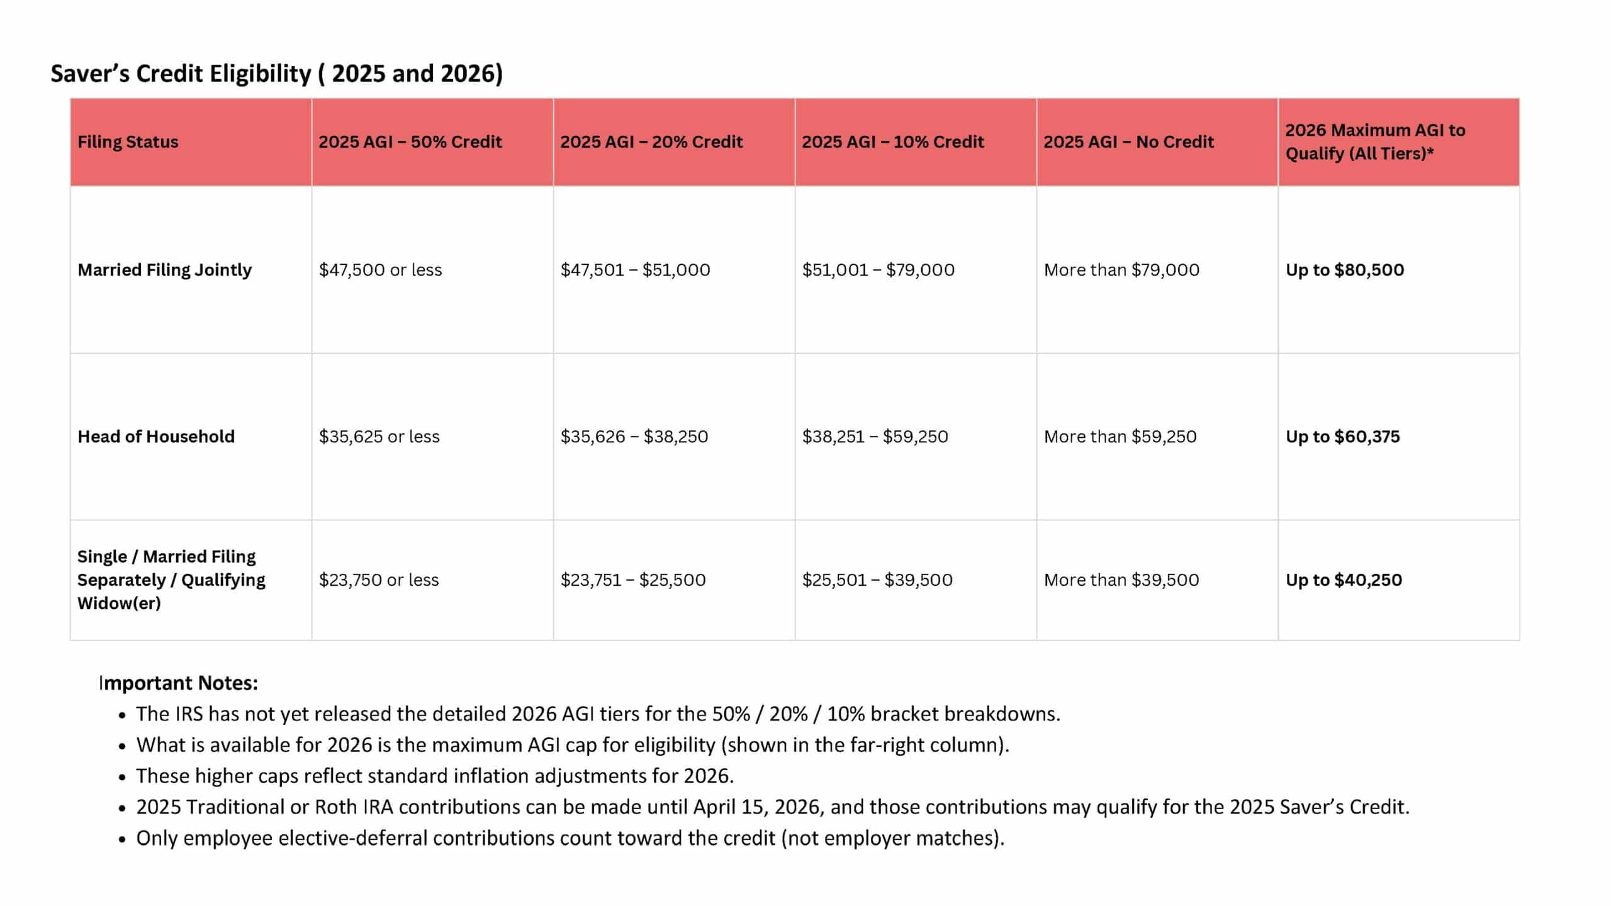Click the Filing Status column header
[128, 142]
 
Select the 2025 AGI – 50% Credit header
[410, 142]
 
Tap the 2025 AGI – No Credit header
[1128, 142]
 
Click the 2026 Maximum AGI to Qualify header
[1375, 142]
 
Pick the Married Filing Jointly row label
[164, 270]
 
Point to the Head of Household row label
[155, 437]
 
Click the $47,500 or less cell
[380, 270]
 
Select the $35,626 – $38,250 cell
[634, 437]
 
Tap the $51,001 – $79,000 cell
[878, 270]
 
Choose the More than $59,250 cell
[1120, 437]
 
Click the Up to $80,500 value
[1344, 270]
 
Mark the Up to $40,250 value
[1344, 580]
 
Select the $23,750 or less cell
[378, 580]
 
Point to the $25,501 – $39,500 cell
[877, 580]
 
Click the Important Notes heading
[179, 683]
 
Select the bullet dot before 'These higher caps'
[122, 778]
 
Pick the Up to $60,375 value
[1342, 437]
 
